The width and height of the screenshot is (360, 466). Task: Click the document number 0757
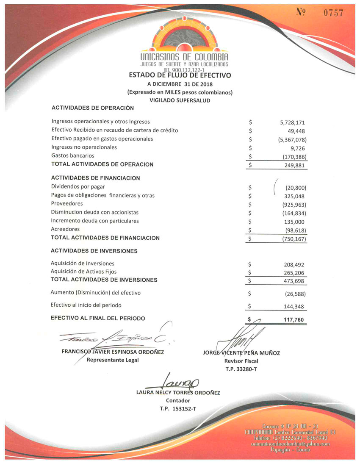pos(333,13)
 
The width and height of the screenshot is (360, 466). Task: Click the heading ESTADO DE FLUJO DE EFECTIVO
pos(180,75)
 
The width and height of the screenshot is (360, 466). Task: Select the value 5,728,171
pos(293,122)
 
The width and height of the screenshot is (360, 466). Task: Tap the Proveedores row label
pos(67,204)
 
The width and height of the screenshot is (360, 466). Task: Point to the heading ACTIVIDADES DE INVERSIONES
pos(94,251)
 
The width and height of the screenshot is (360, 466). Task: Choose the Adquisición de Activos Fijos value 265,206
pos(294,272)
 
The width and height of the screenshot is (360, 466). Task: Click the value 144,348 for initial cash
pos(294,306)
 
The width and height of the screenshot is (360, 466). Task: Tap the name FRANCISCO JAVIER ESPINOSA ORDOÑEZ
pos(113,352)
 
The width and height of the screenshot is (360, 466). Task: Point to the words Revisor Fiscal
pos(241,361)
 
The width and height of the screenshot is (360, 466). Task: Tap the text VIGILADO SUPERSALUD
pos(180,100)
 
